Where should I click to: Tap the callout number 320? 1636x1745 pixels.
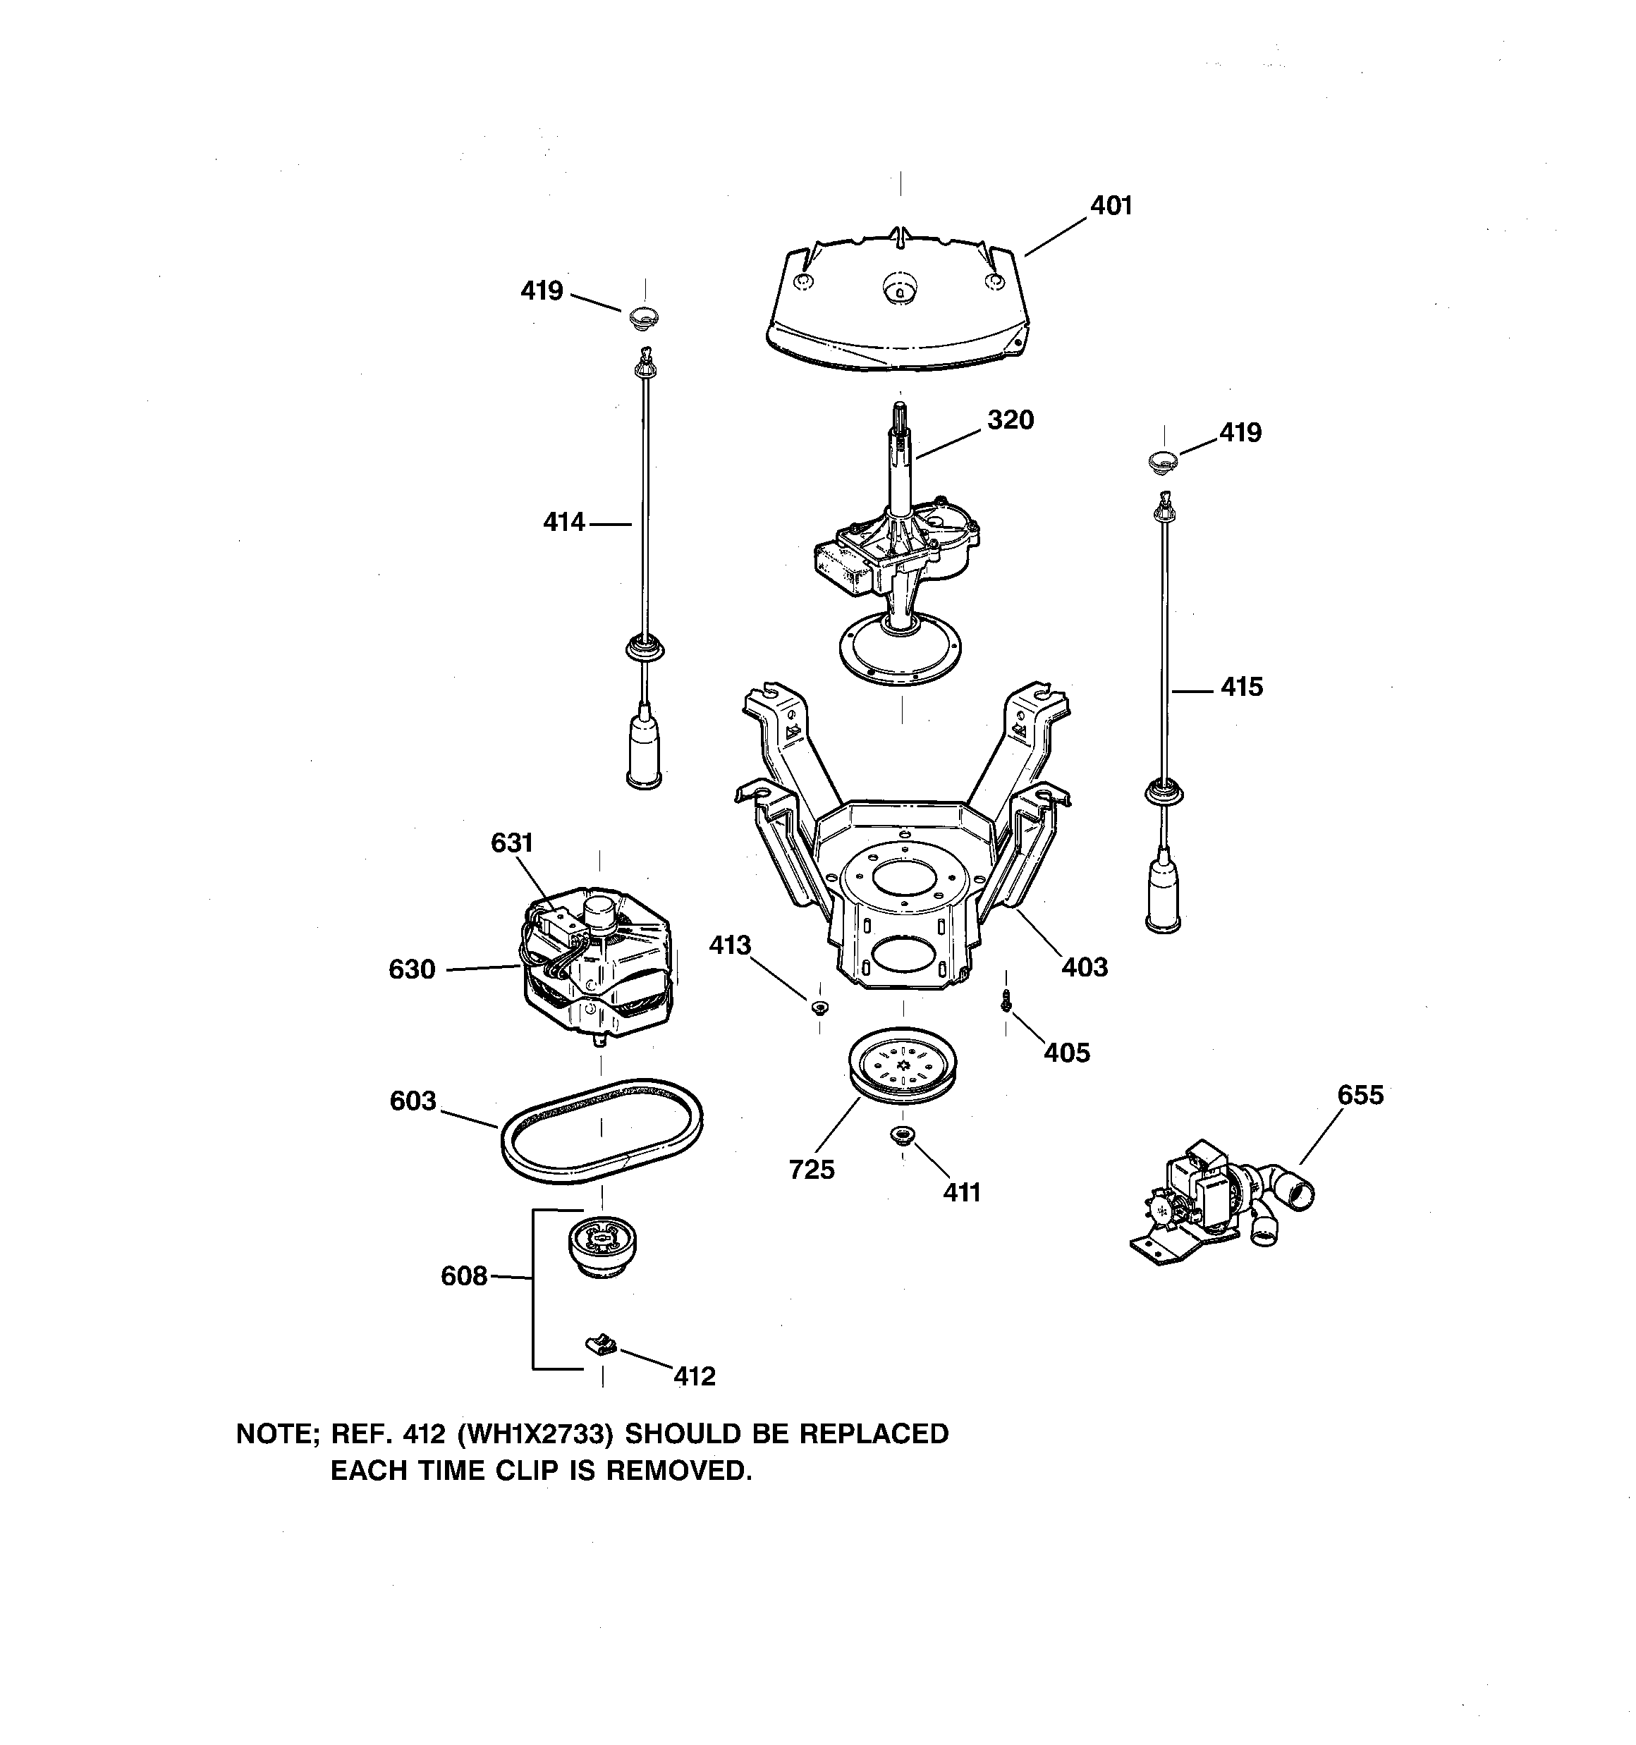[x=1010, y=420]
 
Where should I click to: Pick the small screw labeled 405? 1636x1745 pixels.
[x=1006, y=1000]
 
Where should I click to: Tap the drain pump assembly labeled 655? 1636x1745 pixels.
[x=1216, y=1197]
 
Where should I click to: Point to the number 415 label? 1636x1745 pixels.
[x=1241, y=687]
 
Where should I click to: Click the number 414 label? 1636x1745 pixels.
[x=563, y=522]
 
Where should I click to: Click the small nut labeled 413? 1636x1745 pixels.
[x=819, y=1007]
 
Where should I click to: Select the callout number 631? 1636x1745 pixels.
[x=511, y=843]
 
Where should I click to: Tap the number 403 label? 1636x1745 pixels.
[x=1085, y=967]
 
